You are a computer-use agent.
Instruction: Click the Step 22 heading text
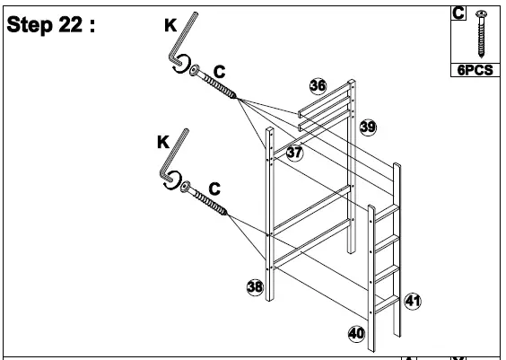tap(52, 25)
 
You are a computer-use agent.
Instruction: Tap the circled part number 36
tap(318, 85)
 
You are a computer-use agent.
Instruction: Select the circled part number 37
tap(294, 152)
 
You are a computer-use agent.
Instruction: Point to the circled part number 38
tap(256, 286)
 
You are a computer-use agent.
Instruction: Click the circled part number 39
tap(368, 127)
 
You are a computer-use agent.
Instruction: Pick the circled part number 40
tap(356, 333)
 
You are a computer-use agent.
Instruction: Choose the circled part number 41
tap(412, 300)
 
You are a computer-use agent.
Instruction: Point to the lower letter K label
tap(162, 142)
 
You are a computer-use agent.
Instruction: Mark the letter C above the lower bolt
tap(214, 188)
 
